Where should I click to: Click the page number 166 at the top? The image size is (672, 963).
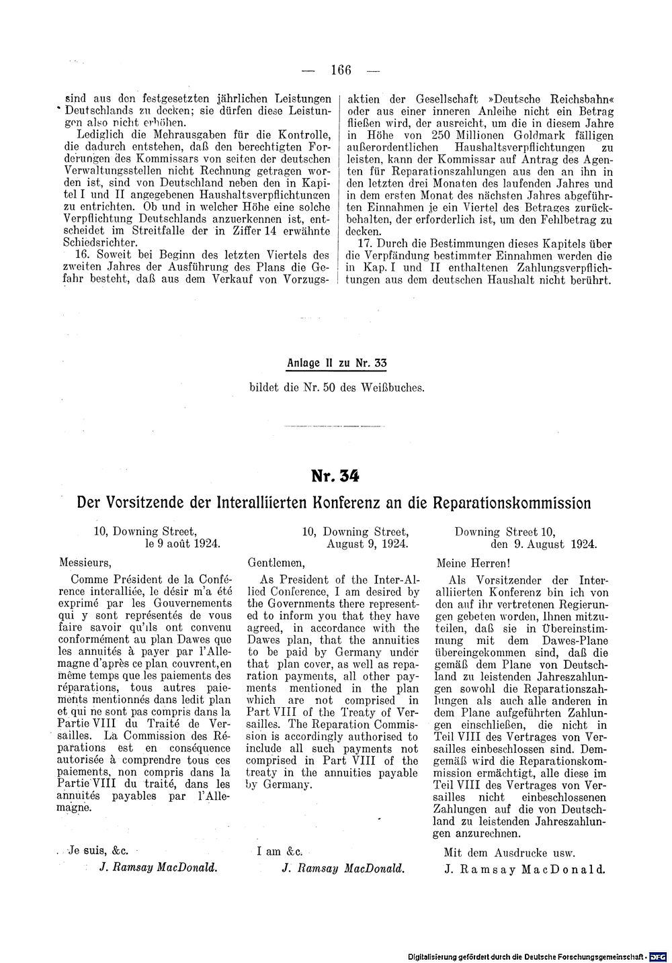click(342, 70)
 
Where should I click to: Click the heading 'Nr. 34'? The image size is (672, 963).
click(335, 475)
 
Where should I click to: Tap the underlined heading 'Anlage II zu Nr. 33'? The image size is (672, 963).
click(337, 363)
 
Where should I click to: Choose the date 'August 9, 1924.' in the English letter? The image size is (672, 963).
click(367, 543)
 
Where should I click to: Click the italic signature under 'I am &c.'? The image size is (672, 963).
click(343, 868)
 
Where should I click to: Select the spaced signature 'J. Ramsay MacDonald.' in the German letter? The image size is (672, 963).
click(524, 868)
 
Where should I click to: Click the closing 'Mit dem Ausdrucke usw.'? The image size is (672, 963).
click(509, 853)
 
